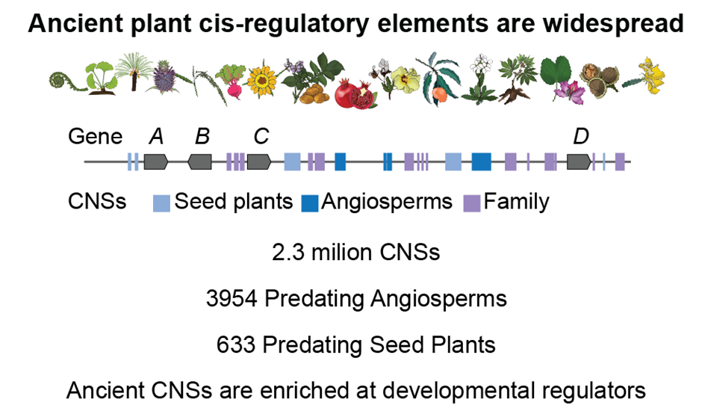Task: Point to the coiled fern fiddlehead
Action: coord(63,78)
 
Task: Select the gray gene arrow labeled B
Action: coord(200,161)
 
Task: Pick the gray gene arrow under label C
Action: coord(259,161)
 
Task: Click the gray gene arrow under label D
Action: coord(579,161)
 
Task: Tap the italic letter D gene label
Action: coord(581,137)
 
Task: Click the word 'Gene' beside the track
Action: coord(95,137)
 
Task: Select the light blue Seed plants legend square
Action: coord(162,203)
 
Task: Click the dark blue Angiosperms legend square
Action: coord(310,203)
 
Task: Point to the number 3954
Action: coord(232,298)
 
